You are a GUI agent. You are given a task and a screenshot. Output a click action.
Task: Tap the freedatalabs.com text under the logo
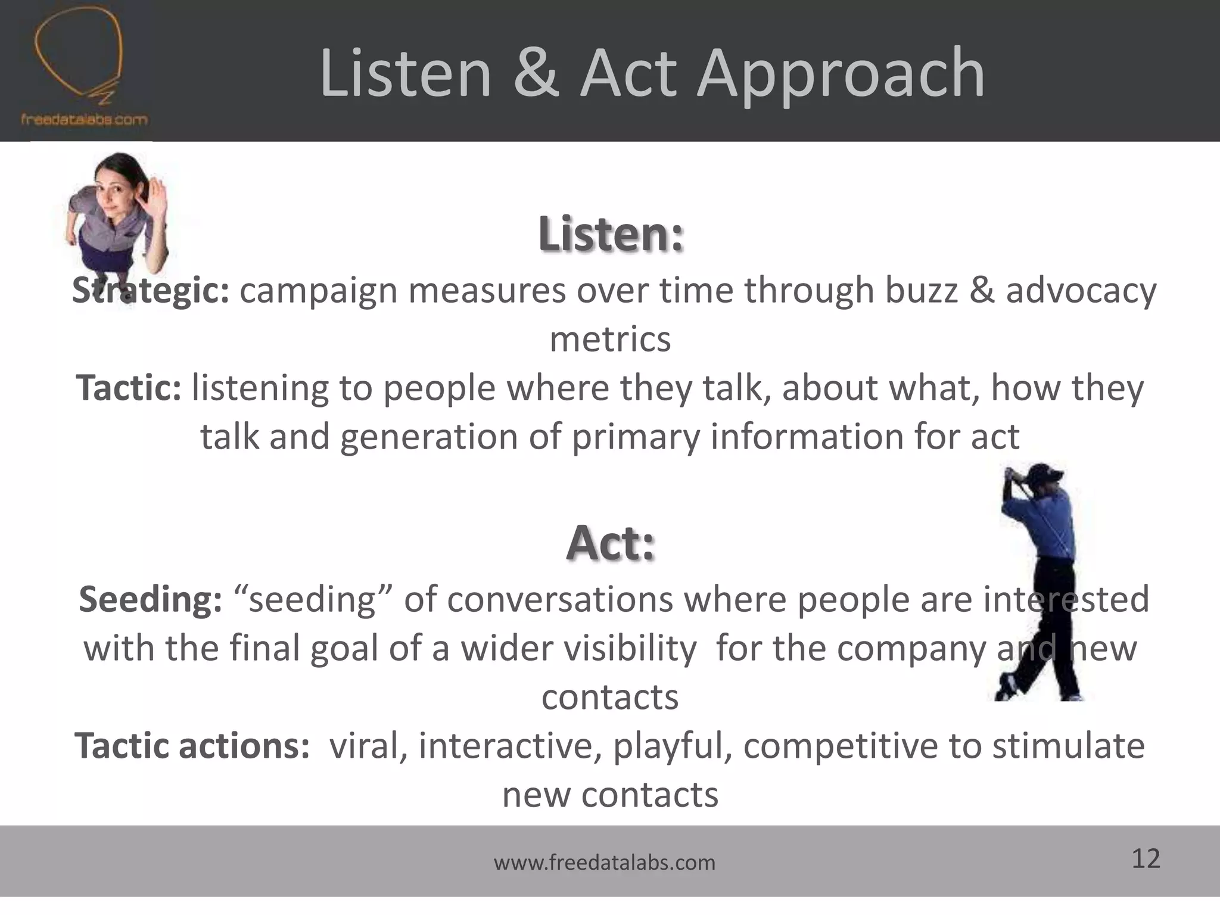coord(84,120)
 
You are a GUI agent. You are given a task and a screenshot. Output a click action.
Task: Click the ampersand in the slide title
coord(536,74)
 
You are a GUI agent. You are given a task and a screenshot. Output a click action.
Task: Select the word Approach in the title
coord(841,75)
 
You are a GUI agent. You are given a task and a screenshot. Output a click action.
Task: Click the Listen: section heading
coord(611,235)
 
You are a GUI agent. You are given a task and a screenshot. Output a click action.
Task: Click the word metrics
coord(610,340)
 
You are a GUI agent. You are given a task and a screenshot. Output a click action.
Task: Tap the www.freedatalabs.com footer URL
coord(604,863)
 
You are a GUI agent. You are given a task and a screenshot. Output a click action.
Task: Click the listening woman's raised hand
coord(157,194)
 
